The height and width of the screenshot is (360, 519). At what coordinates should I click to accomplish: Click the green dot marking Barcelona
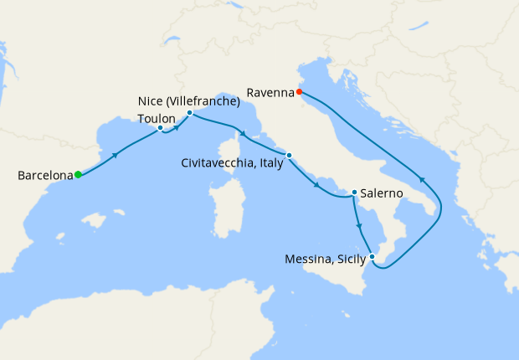[78, 174]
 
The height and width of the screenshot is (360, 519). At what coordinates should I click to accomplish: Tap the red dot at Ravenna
[300, 92]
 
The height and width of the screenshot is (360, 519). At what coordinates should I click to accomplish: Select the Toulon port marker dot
[160, 128]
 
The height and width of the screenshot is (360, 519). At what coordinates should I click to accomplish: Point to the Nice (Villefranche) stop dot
[190, 112]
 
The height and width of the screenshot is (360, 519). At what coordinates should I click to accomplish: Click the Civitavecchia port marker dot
[289, 155]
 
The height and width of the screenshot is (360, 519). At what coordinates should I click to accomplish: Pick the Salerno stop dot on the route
[354, 193]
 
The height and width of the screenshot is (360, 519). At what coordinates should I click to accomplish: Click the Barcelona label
[44, 176]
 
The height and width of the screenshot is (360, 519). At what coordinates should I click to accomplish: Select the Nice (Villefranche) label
[188, 101]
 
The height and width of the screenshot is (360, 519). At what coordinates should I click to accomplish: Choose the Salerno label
[383, 193]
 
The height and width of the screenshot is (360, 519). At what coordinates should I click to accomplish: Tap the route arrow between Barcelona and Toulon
[115, 155]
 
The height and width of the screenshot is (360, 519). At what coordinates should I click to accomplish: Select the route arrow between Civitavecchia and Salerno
[317, 185]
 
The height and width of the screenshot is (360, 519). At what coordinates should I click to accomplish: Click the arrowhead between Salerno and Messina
[360, 226]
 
